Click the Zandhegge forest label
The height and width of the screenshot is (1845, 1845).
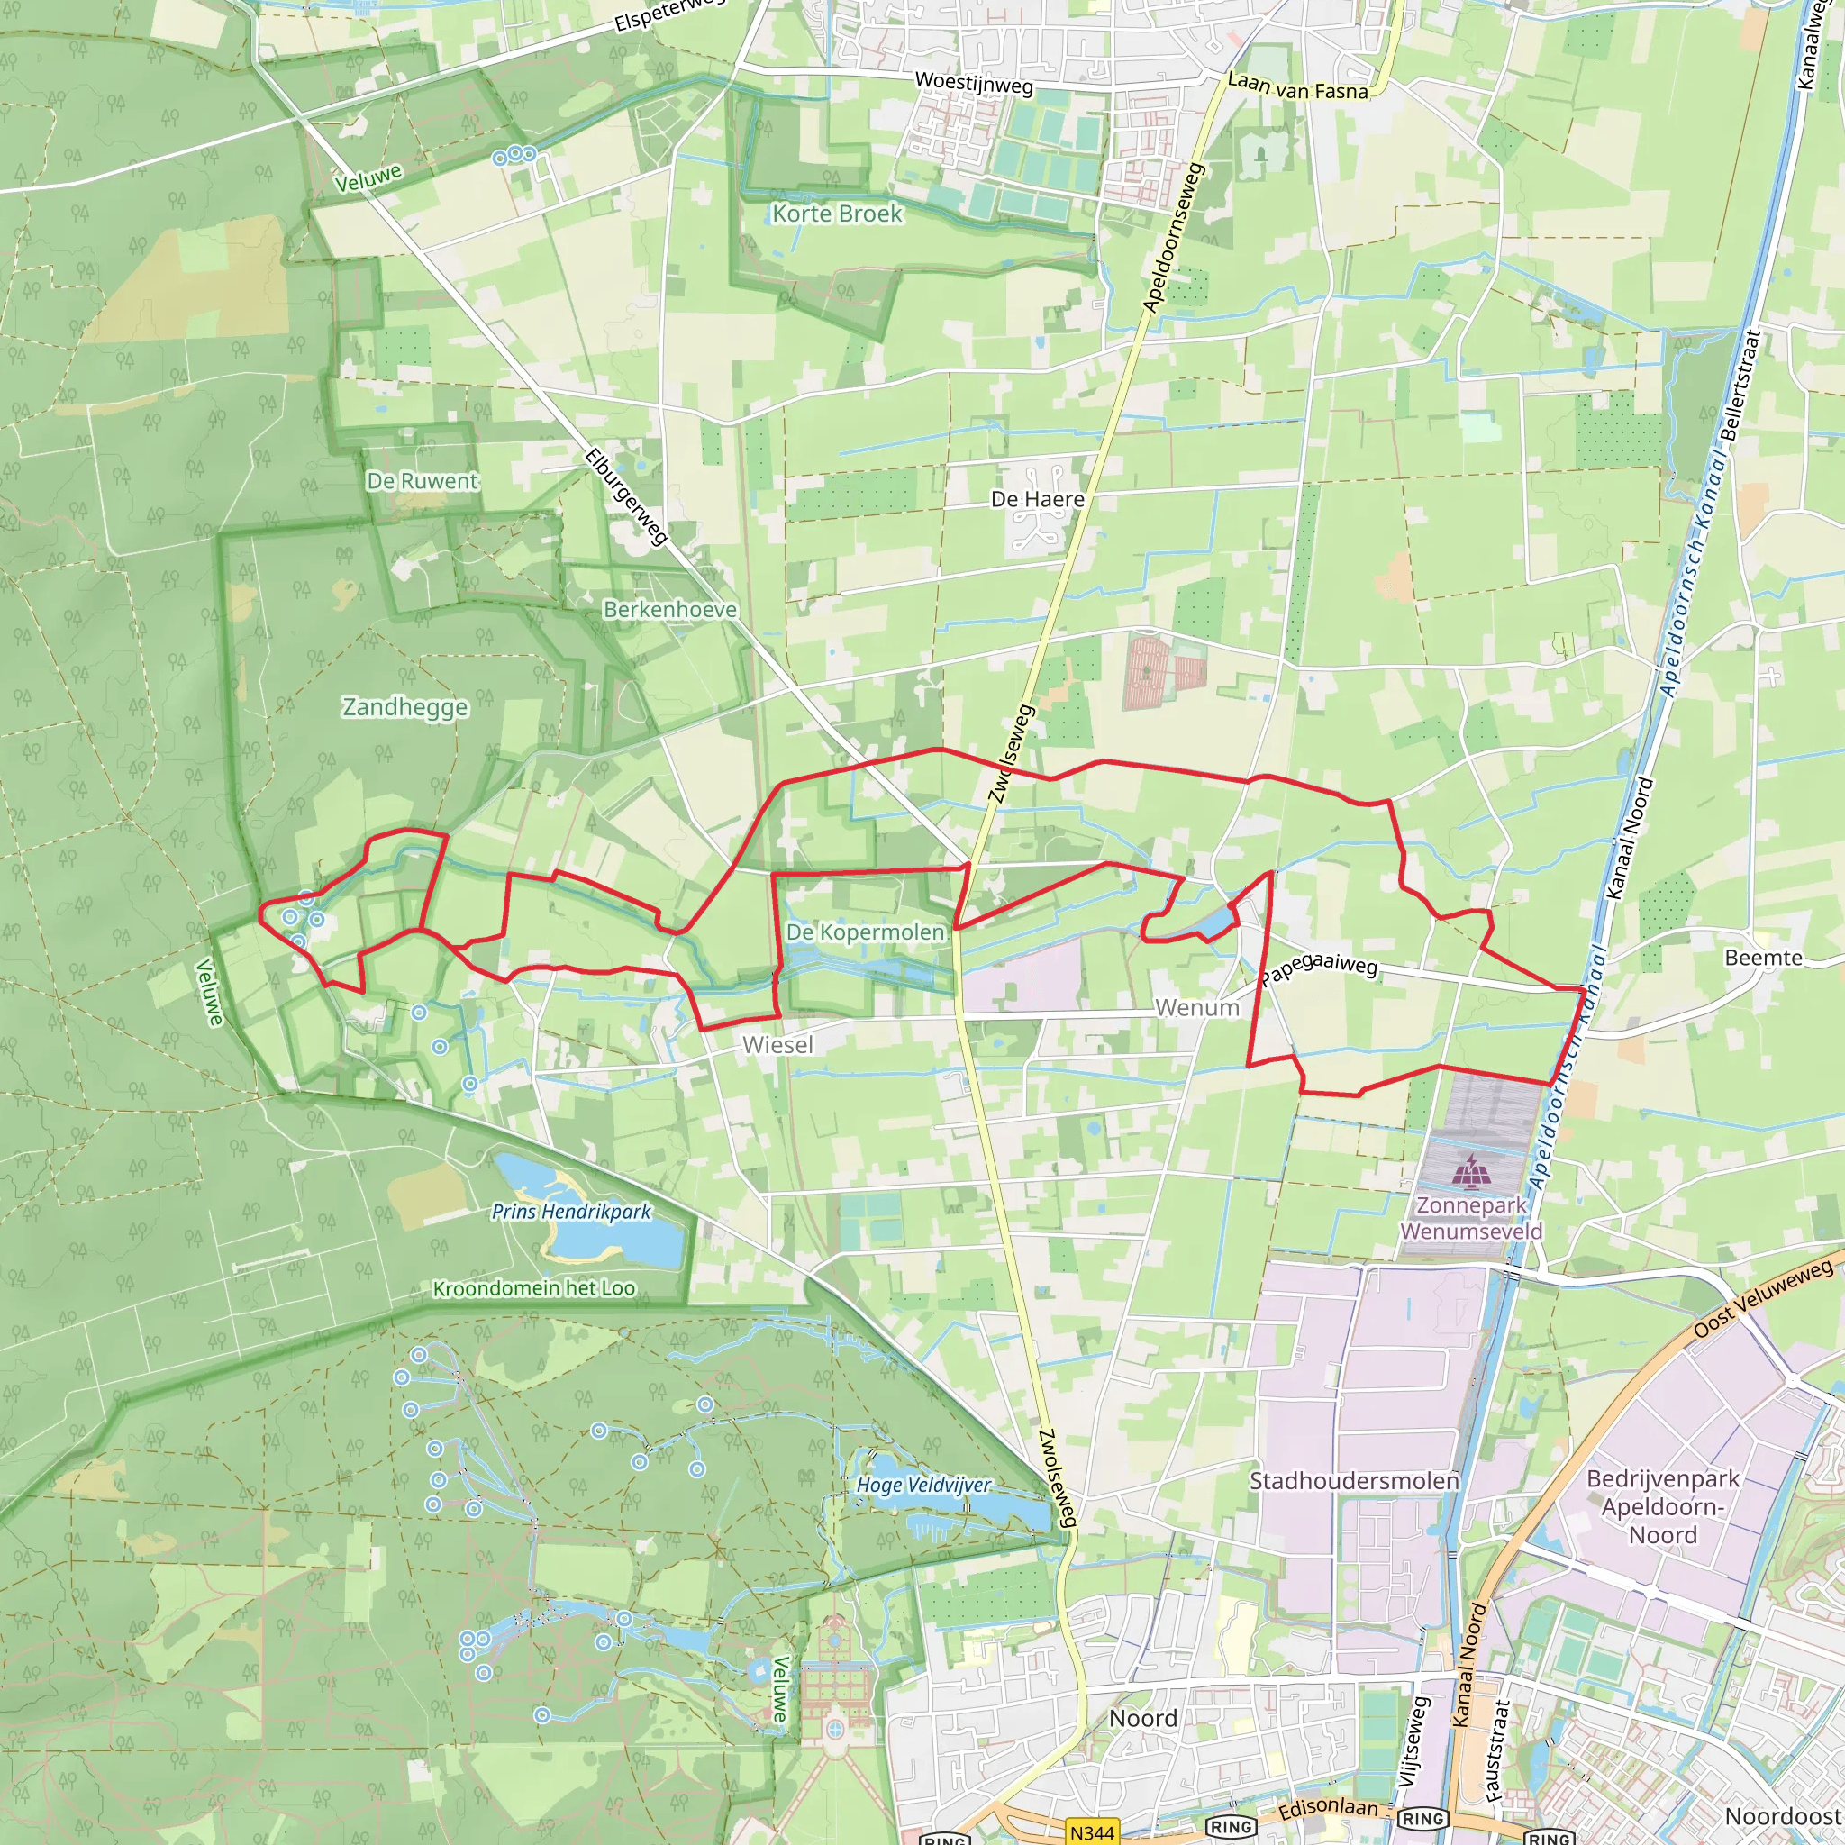click(404, 706)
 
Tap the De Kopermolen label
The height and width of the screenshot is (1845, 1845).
click(865, 932)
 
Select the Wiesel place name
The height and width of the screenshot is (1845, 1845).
click(777, 1045)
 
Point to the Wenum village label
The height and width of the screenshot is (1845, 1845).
click(1196, 1007)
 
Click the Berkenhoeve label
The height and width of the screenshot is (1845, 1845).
click(669, 609)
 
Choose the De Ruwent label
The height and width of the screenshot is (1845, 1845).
click(423, 480)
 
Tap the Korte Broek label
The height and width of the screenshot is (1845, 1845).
click(837, 213)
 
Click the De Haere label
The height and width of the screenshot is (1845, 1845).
click(1037, 498)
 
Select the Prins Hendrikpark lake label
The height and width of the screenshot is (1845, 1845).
click(570, 1212)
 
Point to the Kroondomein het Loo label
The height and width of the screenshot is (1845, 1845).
click(534, 1288)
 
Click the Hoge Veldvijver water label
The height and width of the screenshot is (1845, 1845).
click(922, 1485)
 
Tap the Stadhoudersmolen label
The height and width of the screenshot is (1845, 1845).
click(1353, 1480)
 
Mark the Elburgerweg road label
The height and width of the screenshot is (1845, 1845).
click(625, 496)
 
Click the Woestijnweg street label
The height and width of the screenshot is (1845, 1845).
click(973, 83)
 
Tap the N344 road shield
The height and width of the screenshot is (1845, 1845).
click(1092, 1831)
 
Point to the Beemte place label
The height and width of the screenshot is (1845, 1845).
click(1763, 957)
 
